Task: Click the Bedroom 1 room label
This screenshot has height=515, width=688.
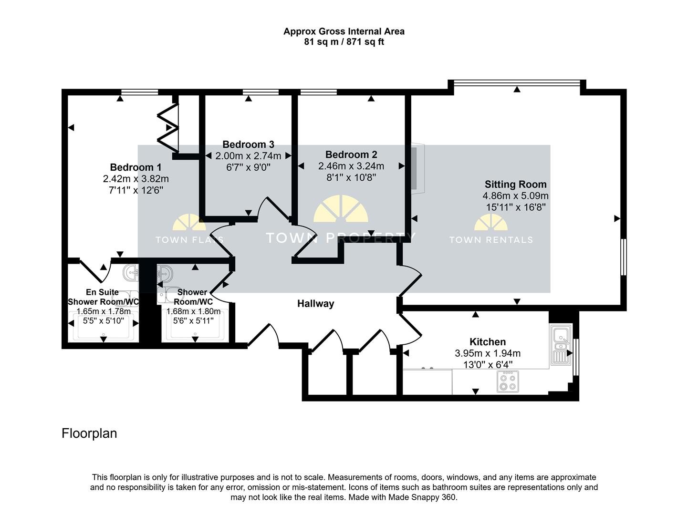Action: coord(136,167)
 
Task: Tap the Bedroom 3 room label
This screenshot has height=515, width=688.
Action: coord(248,144)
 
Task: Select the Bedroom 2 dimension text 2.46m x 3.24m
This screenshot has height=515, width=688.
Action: coord(351,166)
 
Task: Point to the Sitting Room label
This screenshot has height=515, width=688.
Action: coord(516,184)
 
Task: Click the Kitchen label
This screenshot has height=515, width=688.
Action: coord(488,341)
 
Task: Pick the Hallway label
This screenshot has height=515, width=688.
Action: coord(316,304)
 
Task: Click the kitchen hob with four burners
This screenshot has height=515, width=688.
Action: coord(508,381)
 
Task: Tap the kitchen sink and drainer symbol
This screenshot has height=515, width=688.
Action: coord(561,344)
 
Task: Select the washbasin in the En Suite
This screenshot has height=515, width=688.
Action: coord(131,273)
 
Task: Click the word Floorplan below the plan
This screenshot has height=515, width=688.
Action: coord(89,433)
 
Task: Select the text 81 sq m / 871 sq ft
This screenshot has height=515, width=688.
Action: coord(344,41)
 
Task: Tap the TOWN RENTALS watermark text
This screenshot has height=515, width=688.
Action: coord(491,240)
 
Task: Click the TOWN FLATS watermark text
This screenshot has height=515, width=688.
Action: coord(189,240)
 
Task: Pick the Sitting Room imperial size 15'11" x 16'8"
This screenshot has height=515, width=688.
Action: coord(516,207)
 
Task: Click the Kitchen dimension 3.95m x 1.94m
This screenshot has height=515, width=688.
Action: coord(488,353)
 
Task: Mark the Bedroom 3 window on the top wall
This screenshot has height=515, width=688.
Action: coord(261,92)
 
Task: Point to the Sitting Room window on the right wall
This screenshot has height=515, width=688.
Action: coord(624,257)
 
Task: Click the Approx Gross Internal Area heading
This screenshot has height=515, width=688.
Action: coord(344,31)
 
